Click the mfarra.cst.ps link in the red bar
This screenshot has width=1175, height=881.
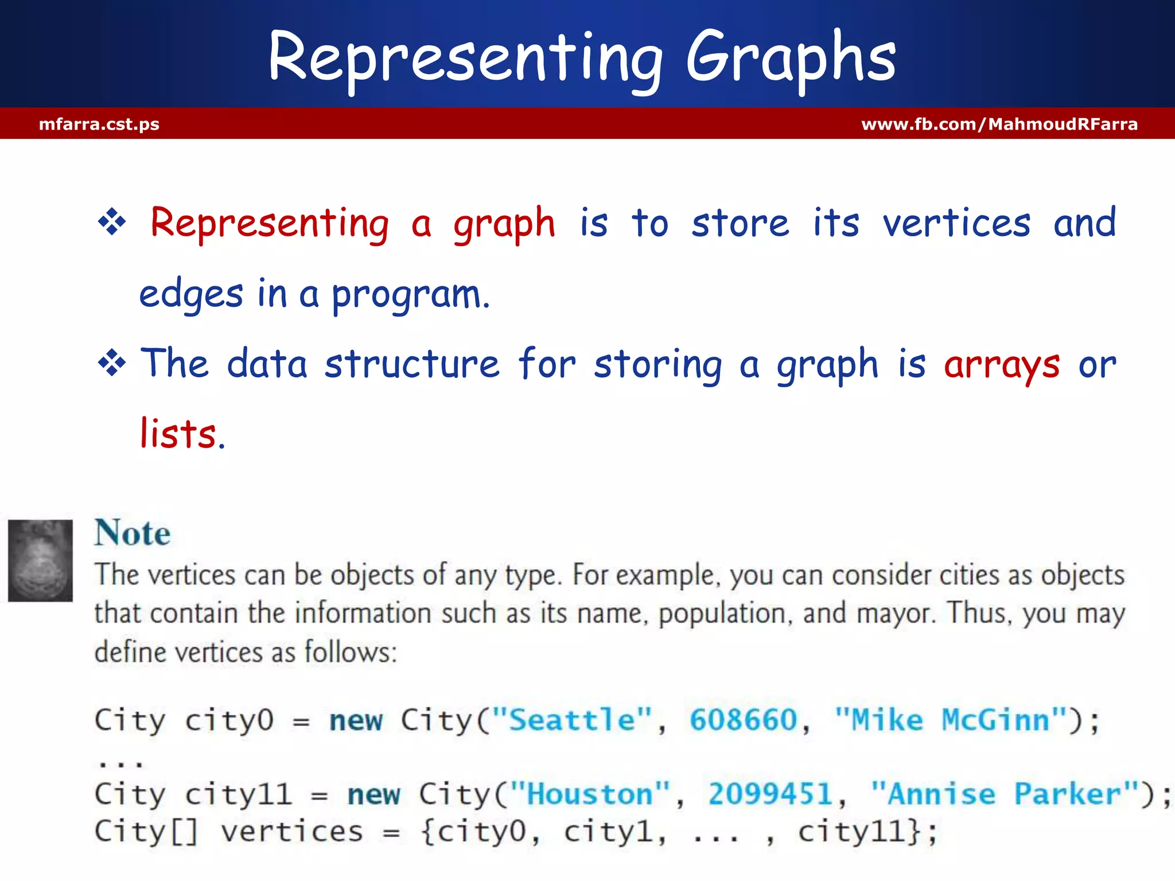coord(99,124)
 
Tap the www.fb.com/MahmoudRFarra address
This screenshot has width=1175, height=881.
coord(999,124)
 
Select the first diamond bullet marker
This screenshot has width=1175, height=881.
coord(112,222)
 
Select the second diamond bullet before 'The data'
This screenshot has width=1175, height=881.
coord(112,363)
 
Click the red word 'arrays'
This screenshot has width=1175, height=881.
coord(1001,365)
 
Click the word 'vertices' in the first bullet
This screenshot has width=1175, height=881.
coord(956,223)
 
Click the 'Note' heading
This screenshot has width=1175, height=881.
coord(133,533)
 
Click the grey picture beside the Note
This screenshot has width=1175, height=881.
coord(40,560)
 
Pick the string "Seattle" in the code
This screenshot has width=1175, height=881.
coord(572,720)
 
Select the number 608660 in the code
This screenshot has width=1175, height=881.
coord(744,720)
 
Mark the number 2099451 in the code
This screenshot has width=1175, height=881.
coord(771,794)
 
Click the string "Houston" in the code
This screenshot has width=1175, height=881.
coord(590,794)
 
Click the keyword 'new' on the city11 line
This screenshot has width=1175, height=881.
coord(373,795)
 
